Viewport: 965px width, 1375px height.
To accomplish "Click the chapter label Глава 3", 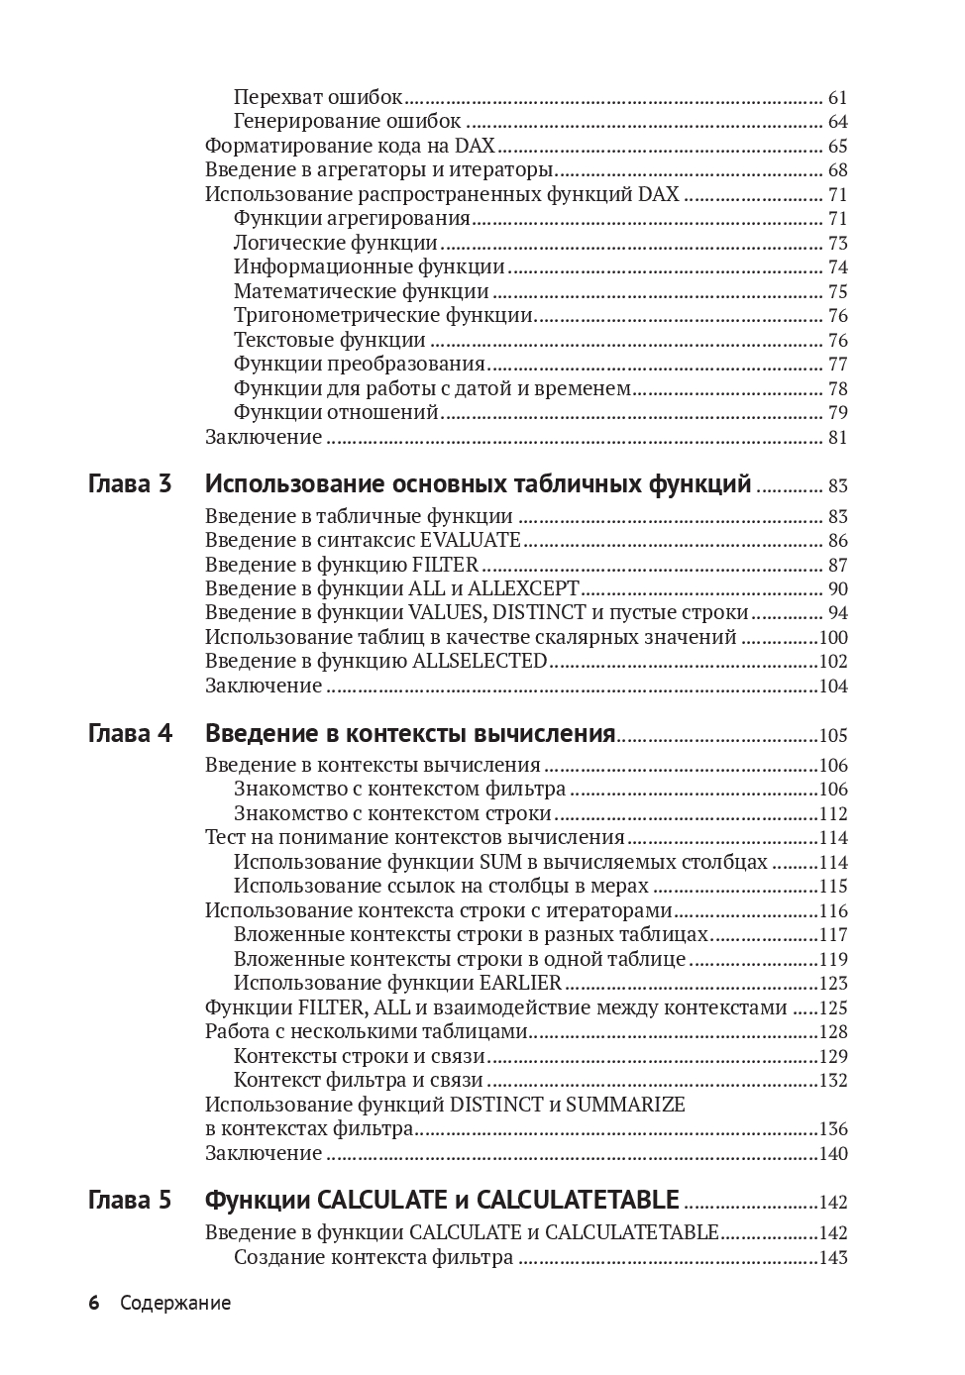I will pos(130,484).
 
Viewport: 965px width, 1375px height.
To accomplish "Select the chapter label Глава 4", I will pos(130,734).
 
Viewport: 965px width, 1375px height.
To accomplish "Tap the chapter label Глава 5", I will pos(130,1201).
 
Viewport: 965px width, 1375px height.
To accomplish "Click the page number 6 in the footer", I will pos(94,1304).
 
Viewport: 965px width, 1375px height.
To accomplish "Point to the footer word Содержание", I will pos(175,1304).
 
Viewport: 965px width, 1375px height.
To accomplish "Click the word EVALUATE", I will pos(471,541).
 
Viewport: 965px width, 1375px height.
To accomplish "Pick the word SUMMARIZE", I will pos(625,1105).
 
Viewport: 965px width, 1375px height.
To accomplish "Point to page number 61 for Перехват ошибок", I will pos(837,98).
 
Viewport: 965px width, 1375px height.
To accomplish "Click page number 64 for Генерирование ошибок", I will pos(837,123).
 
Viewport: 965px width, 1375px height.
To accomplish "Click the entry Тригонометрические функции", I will pos(383,316).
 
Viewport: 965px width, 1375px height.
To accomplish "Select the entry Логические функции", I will pos(336,244).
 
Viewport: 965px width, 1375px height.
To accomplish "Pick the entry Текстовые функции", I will pos(330,341).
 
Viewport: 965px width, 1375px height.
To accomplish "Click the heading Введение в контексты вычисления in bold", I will pos(410,734).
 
